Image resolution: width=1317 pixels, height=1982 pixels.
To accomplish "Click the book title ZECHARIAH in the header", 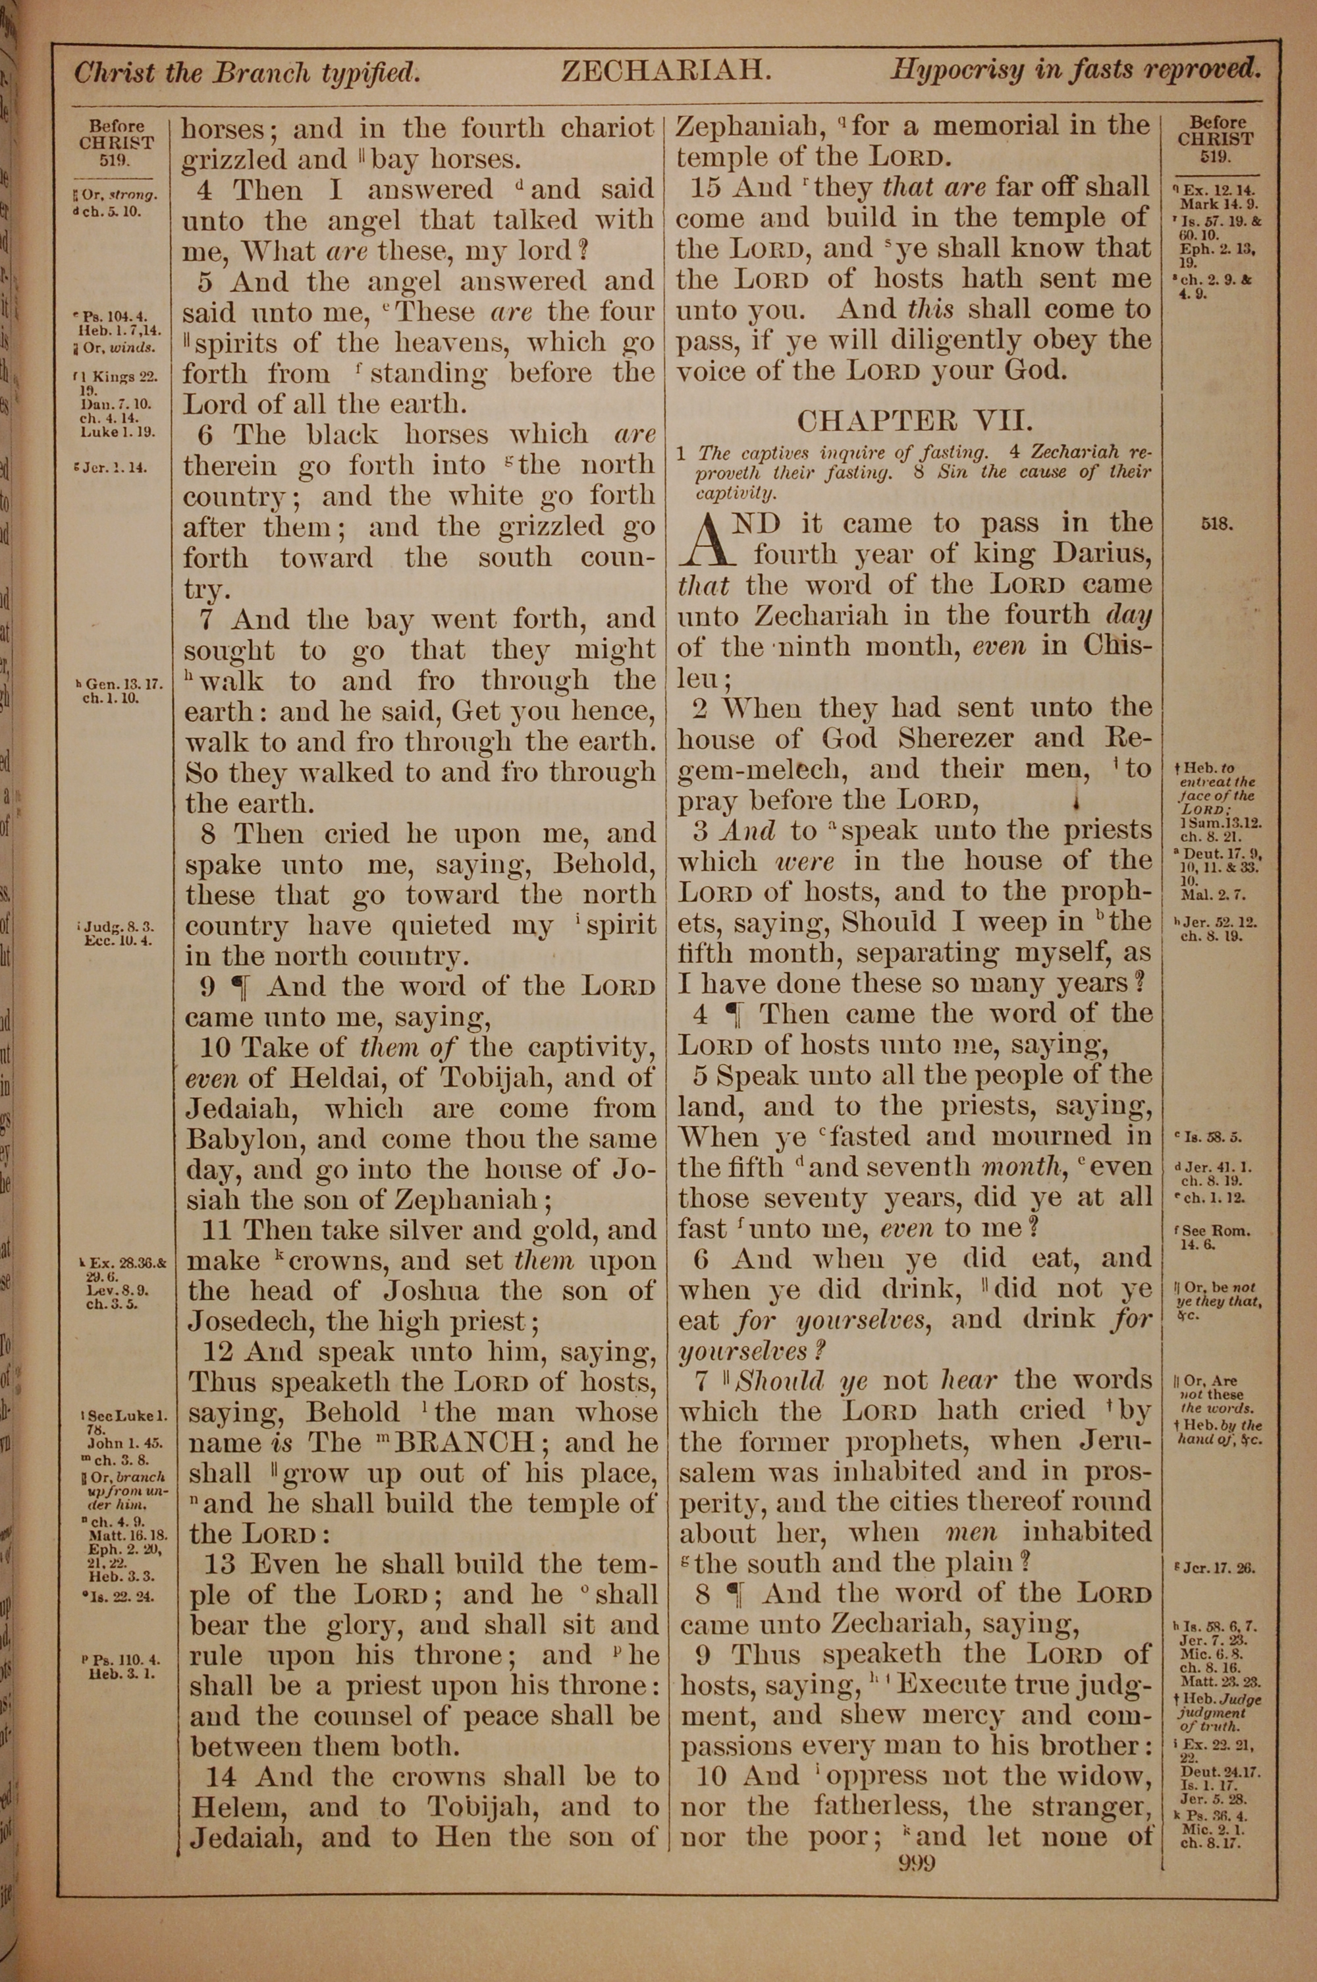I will tap(665, 71).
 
